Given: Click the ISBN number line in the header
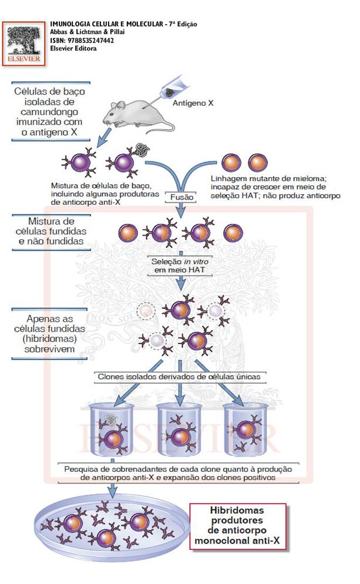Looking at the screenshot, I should (x=82, y=40).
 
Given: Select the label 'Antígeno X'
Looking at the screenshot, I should (x=192, y=103).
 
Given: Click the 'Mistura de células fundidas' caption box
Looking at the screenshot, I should (x=51, y=231).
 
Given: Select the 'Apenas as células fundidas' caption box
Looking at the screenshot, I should (x=52, y=333).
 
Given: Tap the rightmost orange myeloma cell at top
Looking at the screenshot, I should (x=257, y=162).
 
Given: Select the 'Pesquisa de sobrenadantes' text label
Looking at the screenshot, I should (x=177, y=473).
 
